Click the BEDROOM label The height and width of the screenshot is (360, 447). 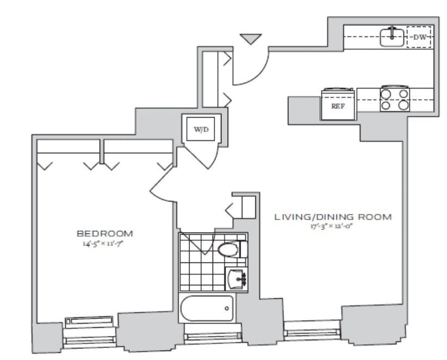(x=105, y=233)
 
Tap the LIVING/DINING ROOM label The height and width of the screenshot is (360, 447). (x=332, y=217)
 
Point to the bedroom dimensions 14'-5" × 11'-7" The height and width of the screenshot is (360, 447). (x=105, y=243)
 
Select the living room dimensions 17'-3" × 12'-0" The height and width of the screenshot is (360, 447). (x=332, y=226)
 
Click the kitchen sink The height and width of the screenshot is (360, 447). (x=392, y=36)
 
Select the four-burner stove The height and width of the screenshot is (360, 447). (x=394, y=99)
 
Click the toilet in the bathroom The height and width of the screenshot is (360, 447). (x=229, y=250)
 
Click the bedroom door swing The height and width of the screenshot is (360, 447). (x=160, y=185)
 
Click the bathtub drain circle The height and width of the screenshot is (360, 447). (x=226, y=309)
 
